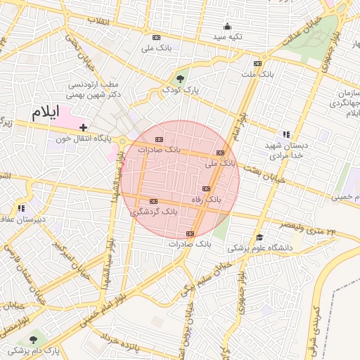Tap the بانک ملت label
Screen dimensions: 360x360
(257, 73)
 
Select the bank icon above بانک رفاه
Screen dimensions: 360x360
(206, 188)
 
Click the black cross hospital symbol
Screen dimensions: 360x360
(84, 127)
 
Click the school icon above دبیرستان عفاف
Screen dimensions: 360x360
(21, 208)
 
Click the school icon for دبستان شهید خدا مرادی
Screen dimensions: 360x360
(285, 134)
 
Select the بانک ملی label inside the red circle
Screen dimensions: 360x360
(220, 162)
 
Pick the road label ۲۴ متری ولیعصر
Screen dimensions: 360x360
(309, 229)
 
